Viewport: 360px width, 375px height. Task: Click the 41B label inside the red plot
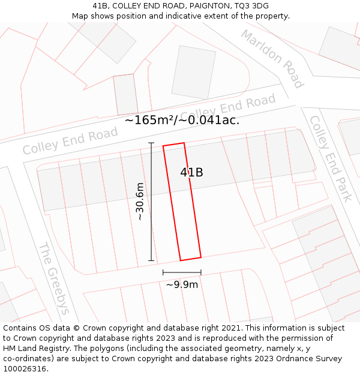[191, 173]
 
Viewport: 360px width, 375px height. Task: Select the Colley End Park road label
[331, 158]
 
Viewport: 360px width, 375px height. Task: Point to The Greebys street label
[55, 278]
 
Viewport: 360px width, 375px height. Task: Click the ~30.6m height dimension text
[140, 202]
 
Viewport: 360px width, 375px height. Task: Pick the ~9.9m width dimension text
[182, 284]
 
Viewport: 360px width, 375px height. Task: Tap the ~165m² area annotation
[149, 120]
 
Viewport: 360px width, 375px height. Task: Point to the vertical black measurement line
[151, 202]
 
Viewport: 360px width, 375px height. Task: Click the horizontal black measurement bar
[182, 272]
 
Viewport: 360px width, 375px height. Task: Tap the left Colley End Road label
[70, 141]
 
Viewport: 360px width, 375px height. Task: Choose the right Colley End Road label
[228, 108]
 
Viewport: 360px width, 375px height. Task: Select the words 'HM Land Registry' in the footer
[34, 348]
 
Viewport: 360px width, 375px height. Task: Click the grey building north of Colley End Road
[193, 73]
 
